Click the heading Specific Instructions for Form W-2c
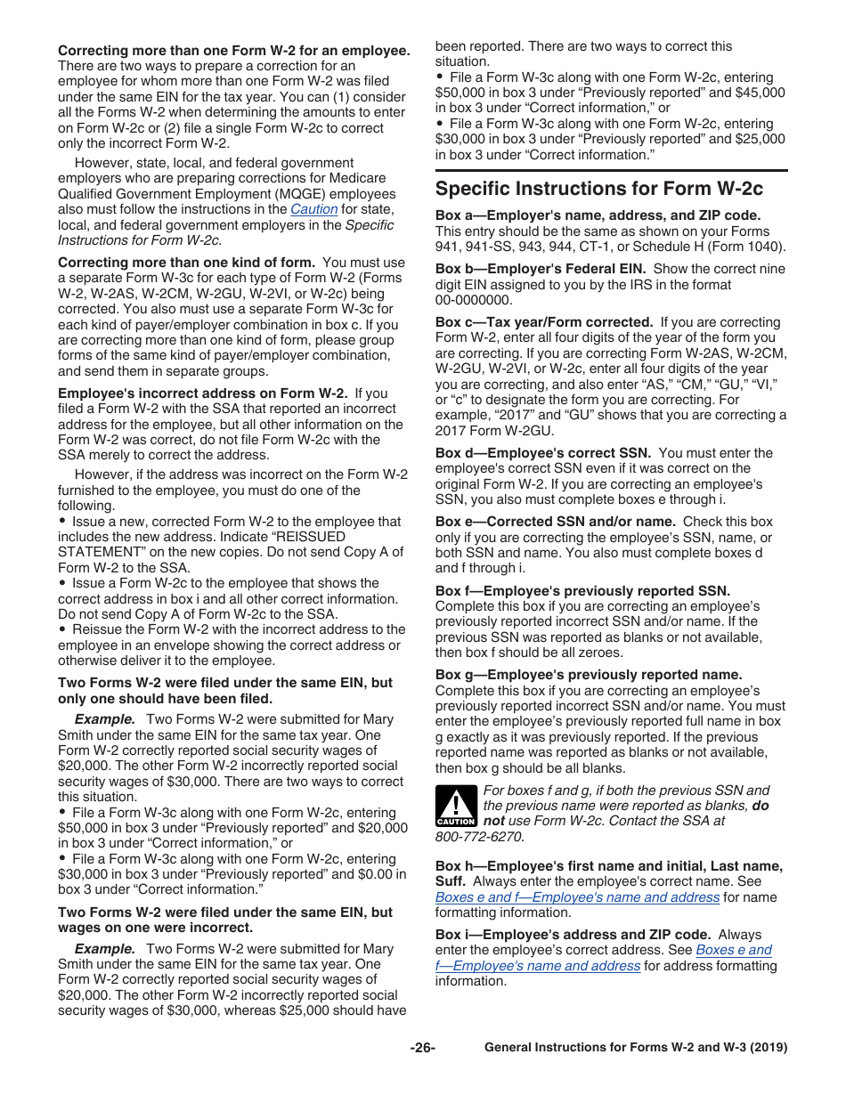tap(599, 189)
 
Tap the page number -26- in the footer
tap(422, 1048)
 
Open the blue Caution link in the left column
tap(313, 209)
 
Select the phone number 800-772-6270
tap(479, 837)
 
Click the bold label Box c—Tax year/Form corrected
tap(544, 322)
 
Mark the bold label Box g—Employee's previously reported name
tap(588, 675)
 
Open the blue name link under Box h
tap(577, 897)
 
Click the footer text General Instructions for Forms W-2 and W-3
tap(635, 1048)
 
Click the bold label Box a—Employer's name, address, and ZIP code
tap(598, 215)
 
